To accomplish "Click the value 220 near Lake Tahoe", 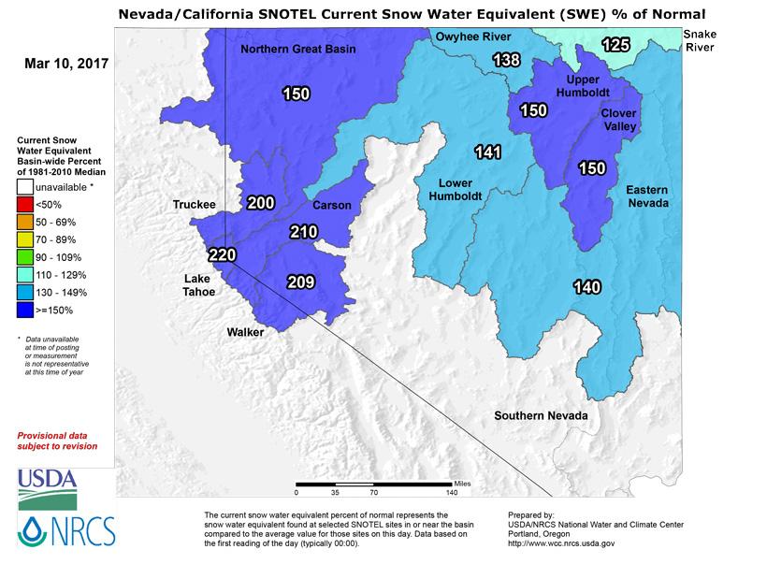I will (222, 254).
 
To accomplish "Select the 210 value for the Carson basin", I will (304, 231).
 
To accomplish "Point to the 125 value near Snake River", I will (615, 44).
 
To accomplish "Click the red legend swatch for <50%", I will (27, 205).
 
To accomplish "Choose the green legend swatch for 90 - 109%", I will (27, 257).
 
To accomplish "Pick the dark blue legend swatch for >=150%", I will (27, 310).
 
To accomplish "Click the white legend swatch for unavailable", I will (27, 187).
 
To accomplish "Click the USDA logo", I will (47, 480).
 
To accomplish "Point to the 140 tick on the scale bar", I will (452, 490).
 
